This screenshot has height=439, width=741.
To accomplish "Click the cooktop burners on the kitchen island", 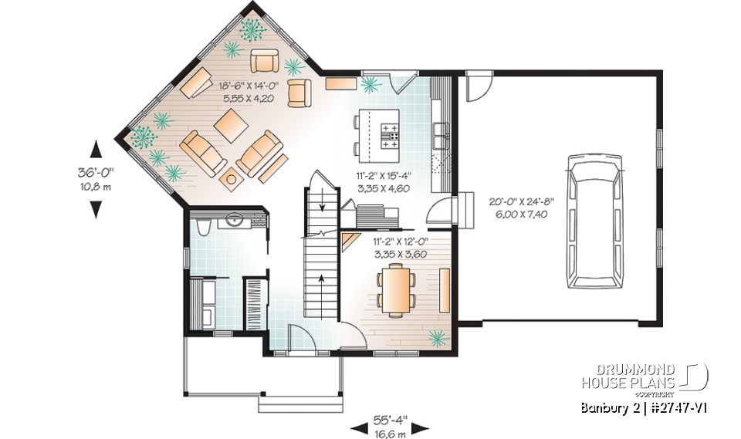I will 391,139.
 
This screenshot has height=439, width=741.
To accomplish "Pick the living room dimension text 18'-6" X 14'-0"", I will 228,88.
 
